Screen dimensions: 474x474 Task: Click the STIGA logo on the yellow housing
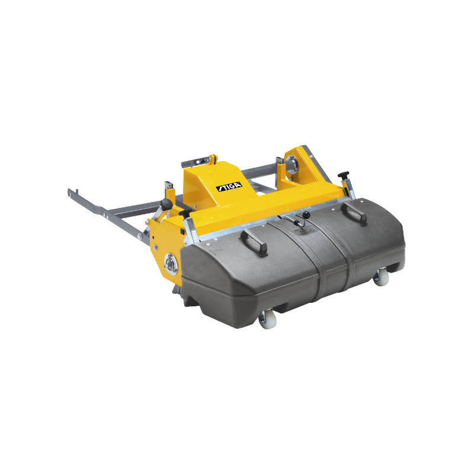click(x=229, y=187)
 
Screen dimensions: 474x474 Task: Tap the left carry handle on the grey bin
click(x=254, y=242)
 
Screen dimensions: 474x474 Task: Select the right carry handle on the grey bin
click(x=354, y=212)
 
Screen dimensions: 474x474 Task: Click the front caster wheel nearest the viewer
click(x=268, y=319)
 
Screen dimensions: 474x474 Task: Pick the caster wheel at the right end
click(x=381, y=277)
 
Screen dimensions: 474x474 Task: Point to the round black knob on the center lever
click(x=306, y=214)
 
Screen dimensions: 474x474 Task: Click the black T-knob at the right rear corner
click(x=344, y=175)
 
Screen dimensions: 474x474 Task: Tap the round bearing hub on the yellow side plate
click(x=171, y=264)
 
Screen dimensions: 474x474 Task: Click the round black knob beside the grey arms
click(x=167, y=204)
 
